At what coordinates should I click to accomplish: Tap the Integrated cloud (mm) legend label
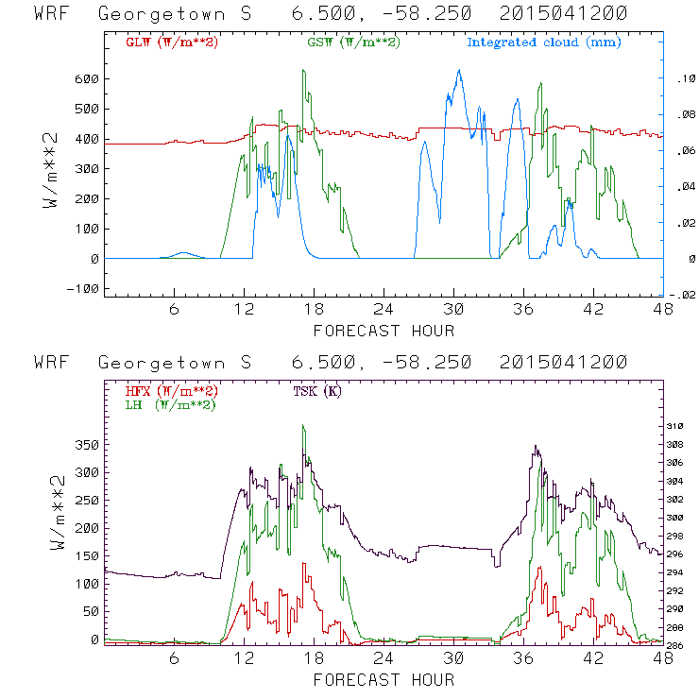coord(544,43)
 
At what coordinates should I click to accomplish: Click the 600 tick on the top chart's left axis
coord(87,78)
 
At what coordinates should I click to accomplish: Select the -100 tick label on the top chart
coord(83,288)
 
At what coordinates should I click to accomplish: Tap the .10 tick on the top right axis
coord(682,79)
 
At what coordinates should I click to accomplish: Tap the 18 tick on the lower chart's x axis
coord(315,660)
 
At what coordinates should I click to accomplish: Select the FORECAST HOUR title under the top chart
coord(384,331)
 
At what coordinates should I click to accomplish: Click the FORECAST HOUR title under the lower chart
coord(384,680)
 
